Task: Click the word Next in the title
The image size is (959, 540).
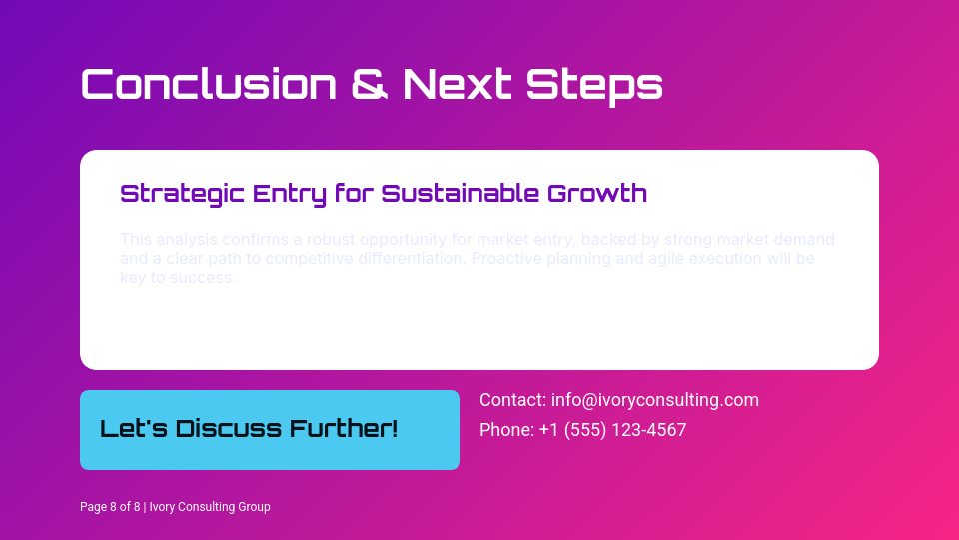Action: click(458, 84)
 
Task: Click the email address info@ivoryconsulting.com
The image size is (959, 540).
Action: click(655, 400)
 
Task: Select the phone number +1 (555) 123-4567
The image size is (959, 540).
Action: click(612, 430)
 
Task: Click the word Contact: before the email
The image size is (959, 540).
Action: click(512, 400)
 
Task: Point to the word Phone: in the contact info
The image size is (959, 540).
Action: click(506, 430)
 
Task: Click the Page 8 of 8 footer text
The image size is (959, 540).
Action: click(110, 507)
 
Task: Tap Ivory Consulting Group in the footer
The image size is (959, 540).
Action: click(210, 507)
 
